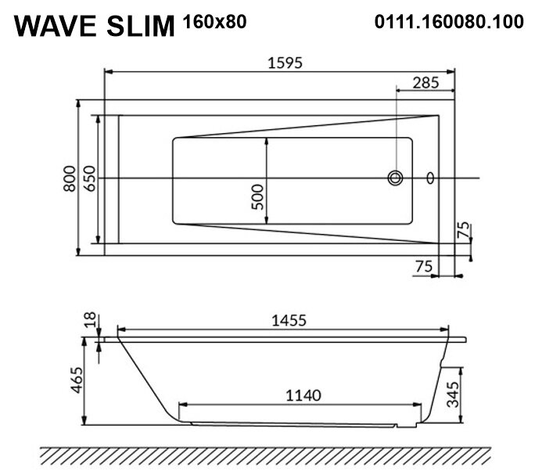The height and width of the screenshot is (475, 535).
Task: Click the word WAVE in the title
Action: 56,26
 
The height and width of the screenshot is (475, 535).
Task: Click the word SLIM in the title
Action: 141,26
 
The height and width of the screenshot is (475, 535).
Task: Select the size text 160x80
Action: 214,22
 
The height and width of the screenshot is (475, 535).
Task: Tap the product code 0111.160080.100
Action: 449,21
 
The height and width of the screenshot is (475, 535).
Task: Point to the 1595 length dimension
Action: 285,63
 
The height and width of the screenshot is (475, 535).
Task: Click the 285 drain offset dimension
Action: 425,83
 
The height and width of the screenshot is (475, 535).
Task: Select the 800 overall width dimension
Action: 70,178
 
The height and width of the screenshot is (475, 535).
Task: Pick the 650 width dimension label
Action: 89,178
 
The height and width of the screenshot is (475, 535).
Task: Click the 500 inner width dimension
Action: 257,197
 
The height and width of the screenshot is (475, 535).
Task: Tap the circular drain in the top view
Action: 395,178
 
